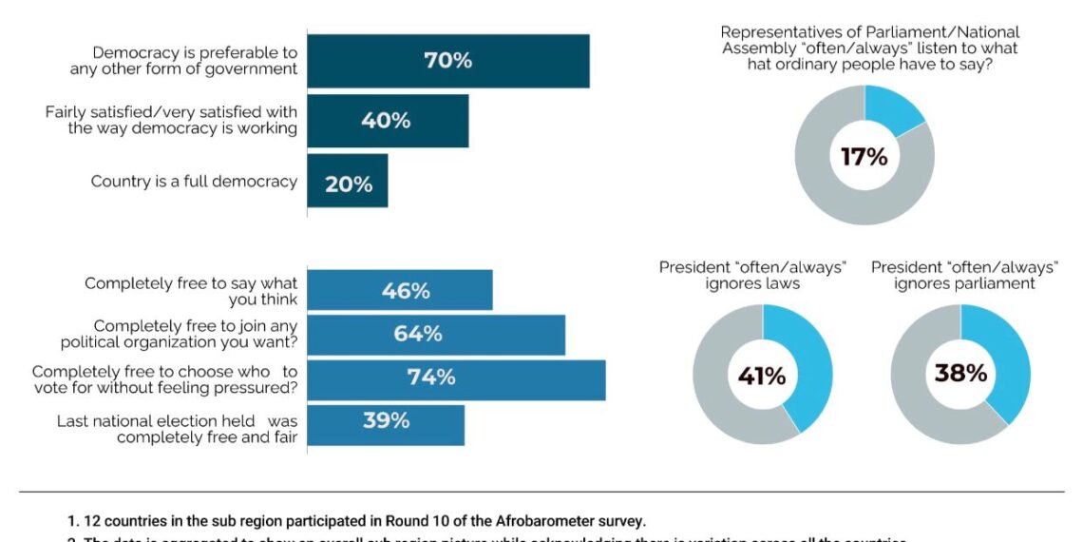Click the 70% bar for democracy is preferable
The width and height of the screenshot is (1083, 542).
tap(447, 61)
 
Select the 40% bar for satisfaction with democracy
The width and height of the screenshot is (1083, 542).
tap(387, 121)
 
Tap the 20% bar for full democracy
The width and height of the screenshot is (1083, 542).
tap(348, 182)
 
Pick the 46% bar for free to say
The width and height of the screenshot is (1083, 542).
tap(400, 290)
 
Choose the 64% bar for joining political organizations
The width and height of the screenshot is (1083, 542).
tap(436, 335)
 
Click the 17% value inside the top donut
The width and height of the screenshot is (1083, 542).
tap(864, 156)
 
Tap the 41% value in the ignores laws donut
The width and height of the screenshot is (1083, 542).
tap(762, 377)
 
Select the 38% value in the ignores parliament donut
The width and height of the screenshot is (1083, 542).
tap(960, 374)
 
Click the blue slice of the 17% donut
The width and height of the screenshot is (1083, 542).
tap(892, 108)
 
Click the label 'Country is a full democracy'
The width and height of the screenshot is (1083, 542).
tap(194, 181)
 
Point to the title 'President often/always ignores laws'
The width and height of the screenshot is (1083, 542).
tap(752, 275)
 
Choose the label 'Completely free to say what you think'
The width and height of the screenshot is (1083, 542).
tap(190, 291)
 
